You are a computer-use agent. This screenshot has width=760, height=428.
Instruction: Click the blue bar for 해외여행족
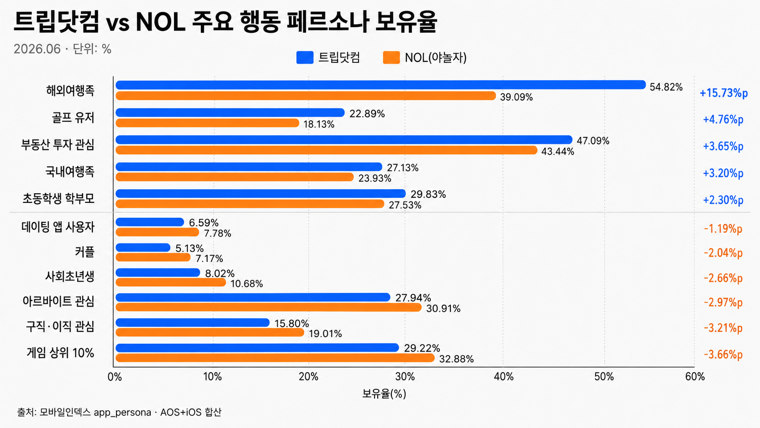(x=380, y=85)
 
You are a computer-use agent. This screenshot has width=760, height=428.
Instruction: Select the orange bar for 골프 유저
(x=207, y=123)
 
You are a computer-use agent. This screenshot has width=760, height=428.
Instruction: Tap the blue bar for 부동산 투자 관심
(x=344, y=140)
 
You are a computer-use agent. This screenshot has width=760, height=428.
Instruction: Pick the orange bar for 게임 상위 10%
(x=275, y=358)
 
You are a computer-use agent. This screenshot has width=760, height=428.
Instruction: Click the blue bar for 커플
(x=143, y=247)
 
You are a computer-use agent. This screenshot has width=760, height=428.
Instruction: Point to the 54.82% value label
(x=666, y=87)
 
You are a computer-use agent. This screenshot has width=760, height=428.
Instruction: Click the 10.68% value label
(x=247, y=284)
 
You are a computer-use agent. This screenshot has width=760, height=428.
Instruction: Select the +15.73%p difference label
(x=724, y=93)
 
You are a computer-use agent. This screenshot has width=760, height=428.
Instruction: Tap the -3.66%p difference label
(x=723, y=355)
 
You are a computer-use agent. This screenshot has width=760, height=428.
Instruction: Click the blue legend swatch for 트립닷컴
(x=305, y=58)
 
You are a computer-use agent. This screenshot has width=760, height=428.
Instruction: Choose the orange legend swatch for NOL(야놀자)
(x=391, y=58)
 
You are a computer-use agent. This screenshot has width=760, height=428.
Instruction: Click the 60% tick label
(x=695, y=377)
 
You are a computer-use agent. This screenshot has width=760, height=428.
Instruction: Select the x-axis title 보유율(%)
(x=384, y=394)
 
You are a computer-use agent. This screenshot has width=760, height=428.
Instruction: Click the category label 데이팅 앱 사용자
(x=58, y=227)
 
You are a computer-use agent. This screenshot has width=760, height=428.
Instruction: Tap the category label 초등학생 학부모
(x=58, y=199)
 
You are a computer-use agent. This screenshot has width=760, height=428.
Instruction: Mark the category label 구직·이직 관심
(x=60, y=327)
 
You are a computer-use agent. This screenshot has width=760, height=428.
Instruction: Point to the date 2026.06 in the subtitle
(x=37, y=49)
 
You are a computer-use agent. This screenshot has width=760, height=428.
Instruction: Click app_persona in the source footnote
(x=122, y=413)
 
